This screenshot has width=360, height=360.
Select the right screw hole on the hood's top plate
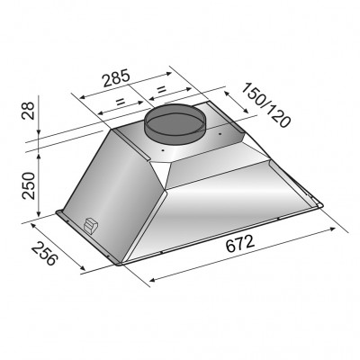217,135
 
